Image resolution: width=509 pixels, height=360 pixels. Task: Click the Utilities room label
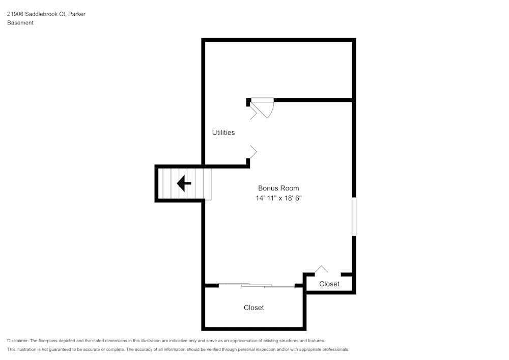(223, 132)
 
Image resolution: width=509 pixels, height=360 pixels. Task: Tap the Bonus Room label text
(278, 188)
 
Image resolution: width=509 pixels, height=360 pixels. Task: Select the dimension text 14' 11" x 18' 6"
(278, 198)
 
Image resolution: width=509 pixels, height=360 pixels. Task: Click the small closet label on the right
(329, 284)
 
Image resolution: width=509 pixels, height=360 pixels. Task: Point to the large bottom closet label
(254, 308)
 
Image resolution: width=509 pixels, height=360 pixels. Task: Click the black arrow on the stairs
(184, 183)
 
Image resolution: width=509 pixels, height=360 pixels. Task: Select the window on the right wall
(354, 216)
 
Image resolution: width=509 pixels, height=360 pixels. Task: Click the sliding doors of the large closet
(257, 285)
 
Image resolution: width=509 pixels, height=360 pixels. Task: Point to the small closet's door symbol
(321, 269)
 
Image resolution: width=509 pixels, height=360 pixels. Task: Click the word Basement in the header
(20, 23)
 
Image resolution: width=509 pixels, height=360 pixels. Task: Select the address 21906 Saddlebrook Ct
(37, 14)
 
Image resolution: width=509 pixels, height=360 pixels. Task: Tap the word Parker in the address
(77, 14)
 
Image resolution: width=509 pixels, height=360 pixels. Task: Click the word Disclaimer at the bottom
(17, 341)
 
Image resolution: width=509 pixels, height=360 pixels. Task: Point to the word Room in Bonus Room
(290, 188)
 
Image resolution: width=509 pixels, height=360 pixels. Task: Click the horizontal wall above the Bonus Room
(313, 100)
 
